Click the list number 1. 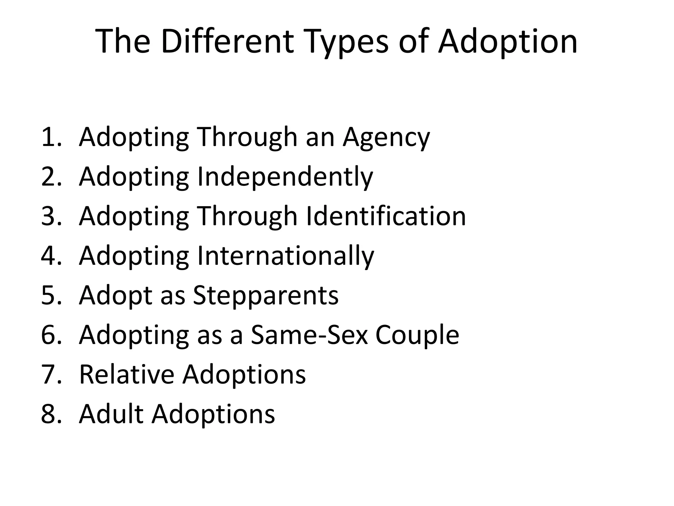pos(51,137)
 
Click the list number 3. pos(51,216)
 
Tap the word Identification pos(386,216)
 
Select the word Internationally pos(285,256)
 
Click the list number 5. pos(51,295)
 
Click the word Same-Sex pos(309,335)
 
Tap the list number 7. pos(51,375)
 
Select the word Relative pos(126,375)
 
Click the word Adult pos(111,414)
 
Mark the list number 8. pos(51,414)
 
